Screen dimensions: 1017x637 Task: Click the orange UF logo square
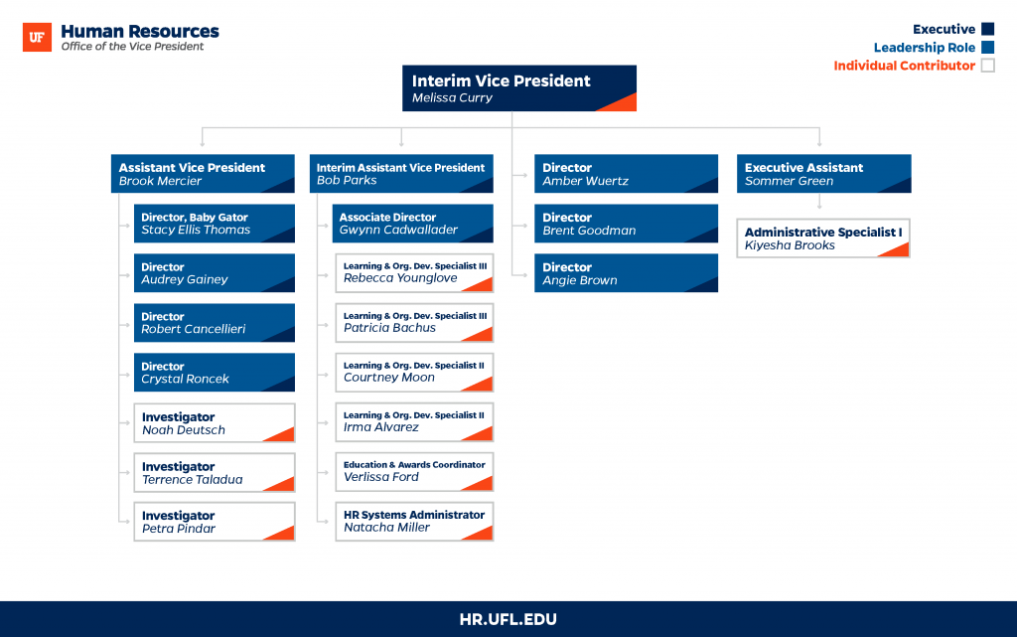37,37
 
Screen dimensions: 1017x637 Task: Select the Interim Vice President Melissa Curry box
518,88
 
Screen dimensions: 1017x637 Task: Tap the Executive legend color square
988,29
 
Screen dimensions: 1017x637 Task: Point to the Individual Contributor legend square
988,65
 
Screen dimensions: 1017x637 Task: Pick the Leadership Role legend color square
988,47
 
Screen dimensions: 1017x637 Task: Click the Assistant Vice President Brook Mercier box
203,173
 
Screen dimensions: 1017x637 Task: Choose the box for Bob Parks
401,173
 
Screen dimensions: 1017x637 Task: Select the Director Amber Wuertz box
626,173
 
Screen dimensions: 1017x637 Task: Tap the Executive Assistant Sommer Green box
823,173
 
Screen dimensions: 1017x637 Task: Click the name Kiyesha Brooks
790,245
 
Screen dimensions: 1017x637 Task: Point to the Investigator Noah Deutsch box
215,423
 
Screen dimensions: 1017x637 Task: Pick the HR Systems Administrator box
414,522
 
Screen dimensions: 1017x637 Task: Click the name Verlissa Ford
380,477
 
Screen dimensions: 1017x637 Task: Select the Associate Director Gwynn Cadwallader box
412,224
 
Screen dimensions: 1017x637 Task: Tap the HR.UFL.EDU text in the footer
508,619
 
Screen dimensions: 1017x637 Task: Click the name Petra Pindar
179,529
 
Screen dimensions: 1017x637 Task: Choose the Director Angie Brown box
626,273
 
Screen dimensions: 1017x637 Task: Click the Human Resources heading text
140,31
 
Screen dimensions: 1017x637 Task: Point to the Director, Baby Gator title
195,218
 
